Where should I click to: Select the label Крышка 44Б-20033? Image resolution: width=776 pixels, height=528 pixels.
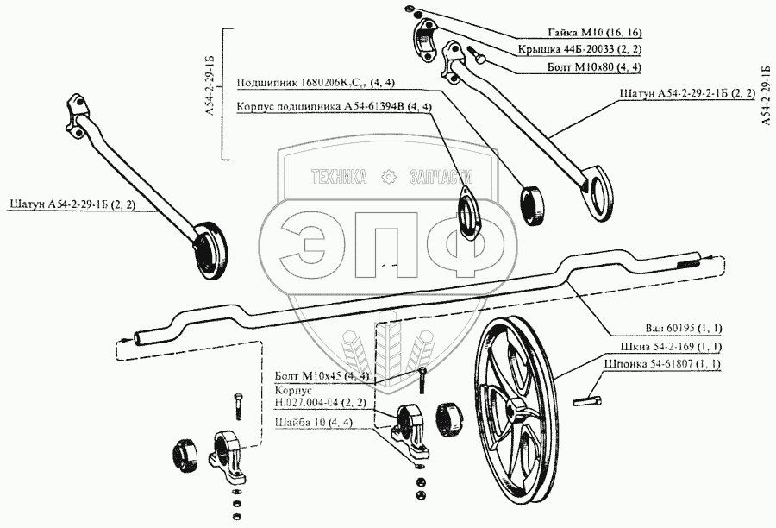pyautogui.click(x=592, y=49)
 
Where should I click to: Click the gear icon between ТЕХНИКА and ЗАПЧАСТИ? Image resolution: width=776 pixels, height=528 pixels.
pyautogui.click(x=387, y=177)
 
